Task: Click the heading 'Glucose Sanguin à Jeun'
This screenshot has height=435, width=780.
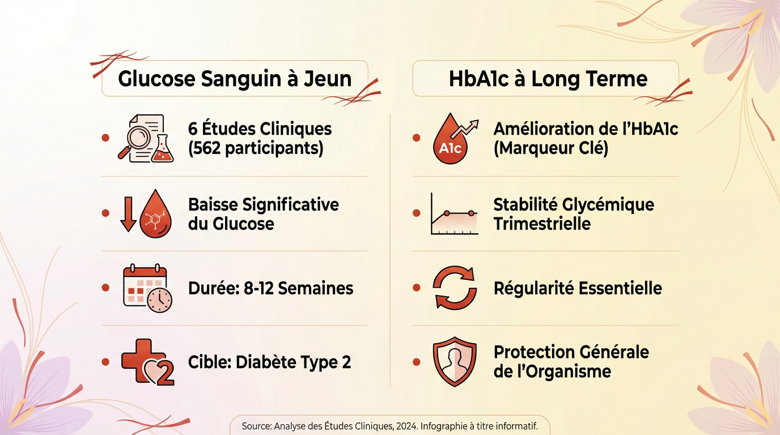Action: coord(235,78)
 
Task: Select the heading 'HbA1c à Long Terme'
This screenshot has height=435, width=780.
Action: coord(548,78)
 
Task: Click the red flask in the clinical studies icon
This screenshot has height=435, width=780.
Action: coord(163,149)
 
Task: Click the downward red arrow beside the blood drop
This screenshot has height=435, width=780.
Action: coord(129,214)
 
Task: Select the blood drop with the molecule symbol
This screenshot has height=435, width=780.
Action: coord(156,214)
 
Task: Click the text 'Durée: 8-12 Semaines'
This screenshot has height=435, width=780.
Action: coord(270,288)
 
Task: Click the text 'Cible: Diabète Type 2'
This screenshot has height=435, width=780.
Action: coord(269,362)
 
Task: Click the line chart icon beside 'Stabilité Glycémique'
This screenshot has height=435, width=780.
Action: coord(453,214)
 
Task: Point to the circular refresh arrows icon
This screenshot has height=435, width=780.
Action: coord(455,288)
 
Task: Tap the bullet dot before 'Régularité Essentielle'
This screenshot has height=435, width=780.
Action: coord(417,288)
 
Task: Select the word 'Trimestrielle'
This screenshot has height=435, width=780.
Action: coord(542,223)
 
